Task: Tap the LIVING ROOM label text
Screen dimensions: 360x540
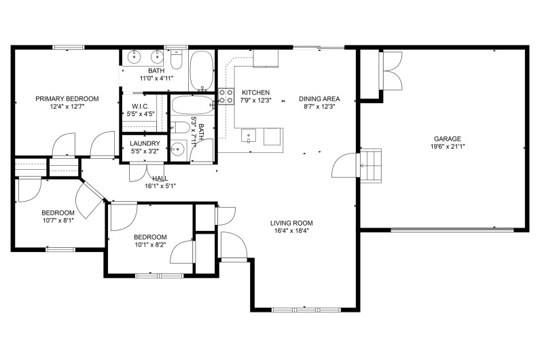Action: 291,223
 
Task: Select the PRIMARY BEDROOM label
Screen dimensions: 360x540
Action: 67,98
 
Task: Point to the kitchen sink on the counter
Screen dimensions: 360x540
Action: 249,137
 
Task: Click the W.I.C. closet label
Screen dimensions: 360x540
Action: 141,105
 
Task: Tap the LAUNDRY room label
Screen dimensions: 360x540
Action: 145,143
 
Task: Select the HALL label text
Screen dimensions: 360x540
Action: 160,178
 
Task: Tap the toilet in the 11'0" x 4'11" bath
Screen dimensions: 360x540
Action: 177,60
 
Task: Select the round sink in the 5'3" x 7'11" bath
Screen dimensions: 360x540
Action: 179,149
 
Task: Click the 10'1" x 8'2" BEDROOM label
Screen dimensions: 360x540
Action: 149,237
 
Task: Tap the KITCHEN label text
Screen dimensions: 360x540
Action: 255,92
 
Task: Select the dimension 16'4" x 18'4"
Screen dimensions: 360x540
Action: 291,231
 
